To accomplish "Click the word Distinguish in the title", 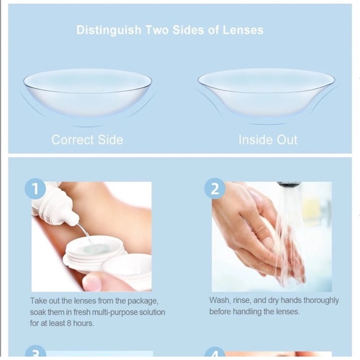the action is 109,30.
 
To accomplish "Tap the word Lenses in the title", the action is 243,30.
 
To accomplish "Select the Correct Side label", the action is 88,140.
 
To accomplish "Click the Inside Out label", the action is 268,140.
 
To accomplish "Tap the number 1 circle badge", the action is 35,189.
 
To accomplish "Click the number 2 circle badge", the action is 215,189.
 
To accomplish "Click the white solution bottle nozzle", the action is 73,218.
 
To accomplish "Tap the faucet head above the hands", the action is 289,184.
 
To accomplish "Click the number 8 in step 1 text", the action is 69,323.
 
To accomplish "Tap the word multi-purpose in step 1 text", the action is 112,312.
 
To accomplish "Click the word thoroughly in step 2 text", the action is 321,300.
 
